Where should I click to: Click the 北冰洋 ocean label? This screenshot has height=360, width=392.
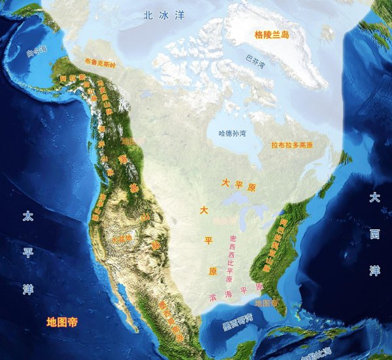click(164, 15)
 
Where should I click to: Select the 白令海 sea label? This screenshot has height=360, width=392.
click(37, 50)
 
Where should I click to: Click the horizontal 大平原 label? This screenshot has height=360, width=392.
click(240, 186)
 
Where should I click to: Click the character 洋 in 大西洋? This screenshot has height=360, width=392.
click(374, 270)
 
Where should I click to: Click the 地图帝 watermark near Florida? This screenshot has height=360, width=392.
click(266, 304)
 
